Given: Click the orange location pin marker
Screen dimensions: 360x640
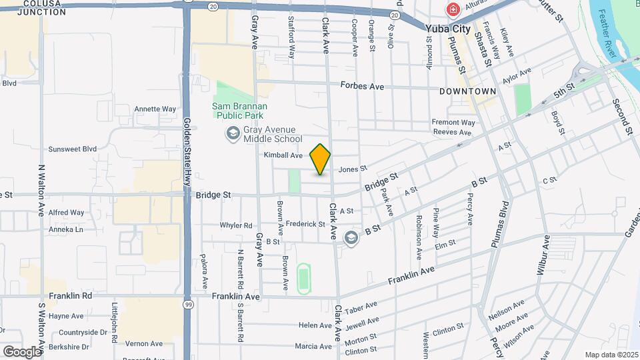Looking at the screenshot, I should click(x=320, y=159).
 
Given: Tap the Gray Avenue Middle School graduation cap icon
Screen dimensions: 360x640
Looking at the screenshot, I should click(x=233, y=134).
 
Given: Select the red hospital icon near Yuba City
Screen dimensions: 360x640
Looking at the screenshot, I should click(x=453, y=10).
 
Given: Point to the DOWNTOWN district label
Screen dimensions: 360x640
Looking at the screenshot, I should click(x=467, y=91).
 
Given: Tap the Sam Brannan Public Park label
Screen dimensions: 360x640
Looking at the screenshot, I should click(x=239, y=111).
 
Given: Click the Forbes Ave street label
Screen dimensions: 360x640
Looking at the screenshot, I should click(x=363, y=86).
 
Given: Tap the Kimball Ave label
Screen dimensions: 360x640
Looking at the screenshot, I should click(x=283, y=155).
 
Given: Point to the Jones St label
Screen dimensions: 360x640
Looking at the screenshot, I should click(x=353, y=169).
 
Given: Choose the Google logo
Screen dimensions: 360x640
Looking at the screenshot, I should click(x=21, y=351).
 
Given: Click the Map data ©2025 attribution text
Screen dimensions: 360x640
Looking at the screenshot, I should click(x=611, y=355).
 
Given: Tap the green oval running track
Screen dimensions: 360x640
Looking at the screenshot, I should click(x=304, y=277).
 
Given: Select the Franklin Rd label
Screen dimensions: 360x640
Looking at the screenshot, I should click(x=70, y=295).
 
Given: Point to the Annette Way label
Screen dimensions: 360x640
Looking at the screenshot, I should click(x=155, y=109).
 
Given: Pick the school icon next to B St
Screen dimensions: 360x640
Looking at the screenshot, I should click(x=351, y=237).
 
